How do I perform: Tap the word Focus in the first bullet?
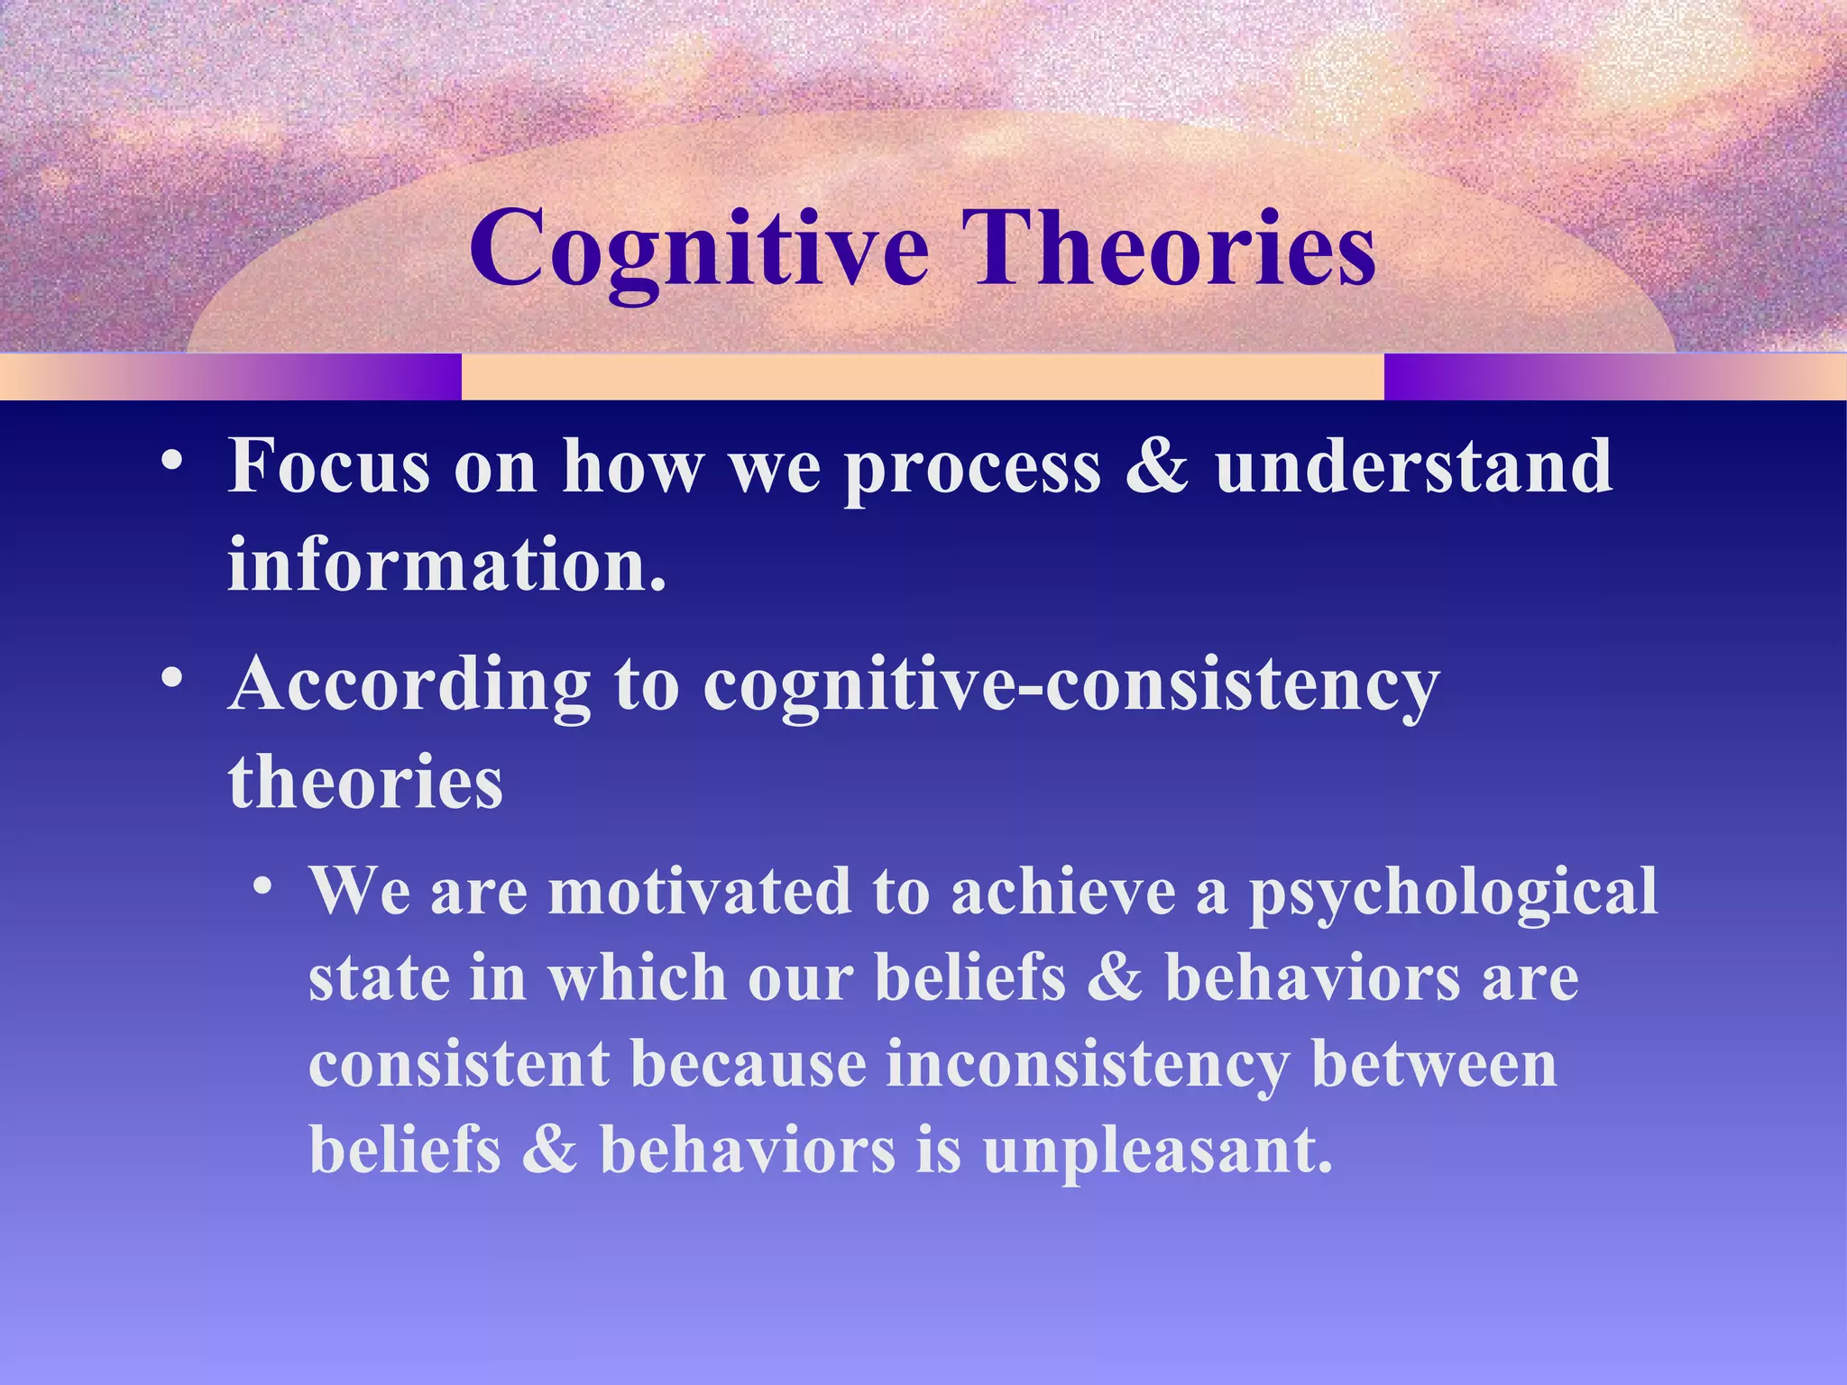click(x=328, y=466)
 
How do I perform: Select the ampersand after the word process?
click(x=1157, y=466)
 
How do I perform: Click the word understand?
click(x=1413, y=466)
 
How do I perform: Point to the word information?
click(x=446, y=564)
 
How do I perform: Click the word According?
click(x=409, y=683)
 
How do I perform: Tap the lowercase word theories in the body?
click(x=365, y=781)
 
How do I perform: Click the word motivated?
click(x=699, y=891)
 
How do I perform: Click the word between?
click(x=1433, y=1064)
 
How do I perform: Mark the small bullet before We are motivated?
click(x=262, y=885)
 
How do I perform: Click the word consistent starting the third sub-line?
click(x=459, y=1064)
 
